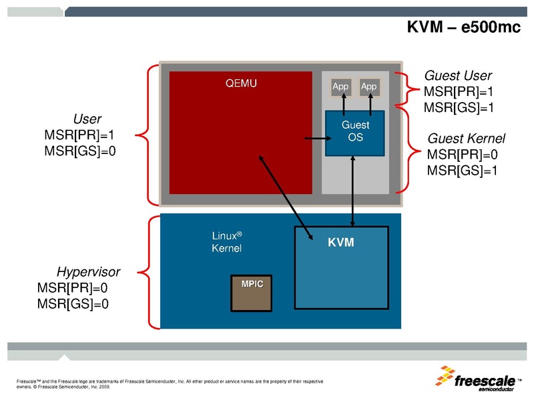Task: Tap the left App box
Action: pyautogui.click(x=340, y=87)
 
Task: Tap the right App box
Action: pyautogui.click(x=368, y=87)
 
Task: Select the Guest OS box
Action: pyautogui.click(x=354, y=132)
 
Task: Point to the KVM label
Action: pyautogui.click(x=340, y=243)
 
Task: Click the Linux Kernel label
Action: pyautogui.click(x=226, y=242)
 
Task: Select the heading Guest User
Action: pyautogui.click(x=458, y=76)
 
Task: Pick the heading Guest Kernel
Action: pyautogui.click(x=466, y=139)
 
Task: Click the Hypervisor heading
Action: pyautogui.click(x=88, y=272)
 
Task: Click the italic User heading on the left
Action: pyautogui.click(x=87, y=119)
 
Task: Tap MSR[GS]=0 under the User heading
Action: pyautogui.click(x=80, y=151)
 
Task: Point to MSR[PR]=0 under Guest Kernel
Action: pyautogui.click(x=463, y=155)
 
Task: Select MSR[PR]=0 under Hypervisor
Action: pyautogui.click(x=73, y=288)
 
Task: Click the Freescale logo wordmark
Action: pyautogui.click(x=485, y=382)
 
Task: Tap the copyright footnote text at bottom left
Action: pyautogui.click(x=167, y=383)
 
